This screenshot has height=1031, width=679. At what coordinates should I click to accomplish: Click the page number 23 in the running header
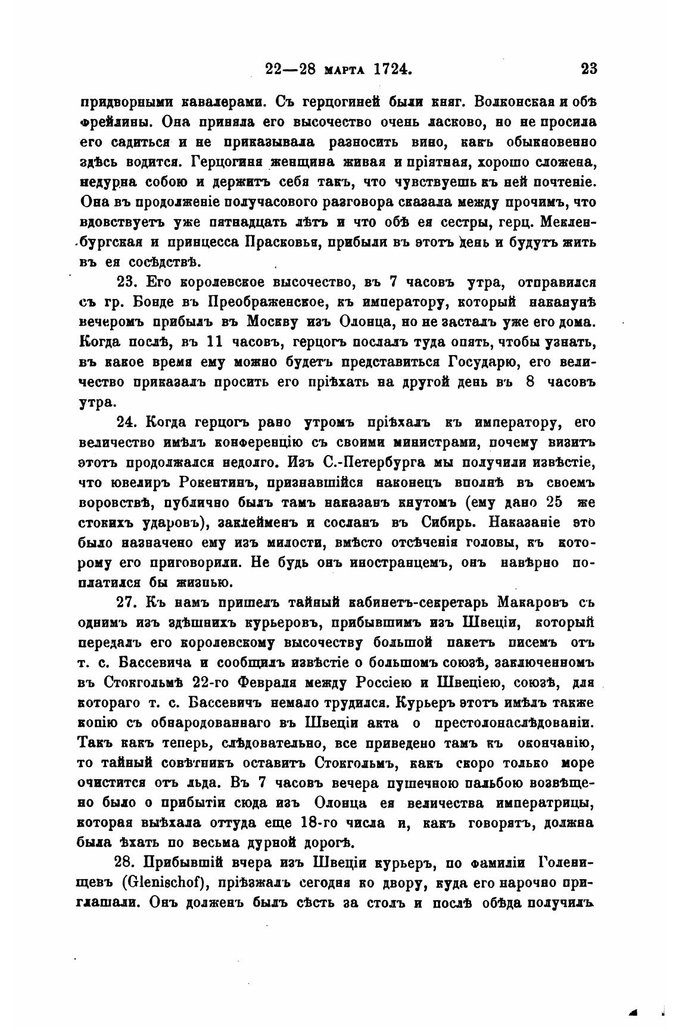point(588,68)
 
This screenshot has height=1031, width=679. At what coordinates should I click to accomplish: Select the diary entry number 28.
point(126,861)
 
